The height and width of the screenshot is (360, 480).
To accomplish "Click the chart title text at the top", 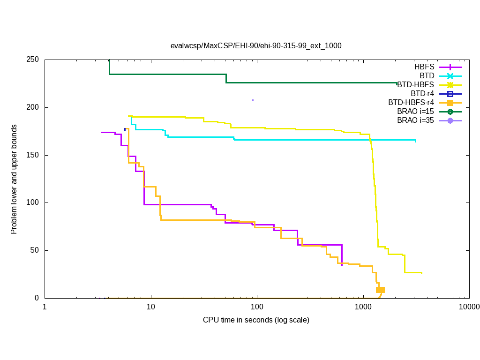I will tap(256, 46).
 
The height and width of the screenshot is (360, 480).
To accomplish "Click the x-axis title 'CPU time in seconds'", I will tap(256, 320).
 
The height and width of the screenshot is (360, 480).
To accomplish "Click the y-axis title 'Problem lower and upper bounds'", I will tap(14, 180).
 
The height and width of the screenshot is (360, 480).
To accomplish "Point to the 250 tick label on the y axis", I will tap(34, 60).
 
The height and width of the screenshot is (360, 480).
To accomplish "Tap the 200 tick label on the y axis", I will tap(34, 108).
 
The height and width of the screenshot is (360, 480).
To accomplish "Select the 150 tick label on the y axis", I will tap(34, 155).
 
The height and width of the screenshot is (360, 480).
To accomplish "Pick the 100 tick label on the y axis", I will tap(34, 203).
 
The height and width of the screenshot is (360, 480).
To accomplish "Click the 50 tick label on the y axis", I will tap(36, 250).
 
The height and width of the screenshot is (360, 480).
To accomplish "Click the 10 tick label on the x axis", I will tap(151, 307).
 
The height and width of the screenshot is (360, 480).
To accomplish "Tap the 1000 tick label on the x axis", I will tap(363, 307).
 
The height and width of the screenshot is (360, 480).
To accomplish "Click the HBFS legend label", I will tap(424, 67).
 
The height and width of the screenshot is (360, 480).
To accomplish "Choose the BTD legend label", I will tap(427, 76).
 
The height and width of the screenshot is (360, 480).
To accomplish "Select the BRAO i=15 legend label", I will tap(415, 112).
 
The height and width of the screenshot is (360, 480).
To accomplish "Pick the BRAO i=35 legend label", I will tap(415, 120).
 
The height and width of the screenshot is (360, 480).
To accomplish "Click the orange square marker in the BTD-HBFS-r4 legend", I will tap(450, 103).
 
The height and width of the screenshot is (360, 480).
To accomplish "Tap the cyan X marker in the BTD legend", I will tap(450, 76).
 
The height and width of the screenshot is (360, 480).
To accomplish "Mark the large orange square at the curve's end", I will tap(381, 290).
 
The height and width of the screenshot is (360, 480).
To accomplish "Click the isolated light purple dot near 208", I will tap(253, 100).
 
